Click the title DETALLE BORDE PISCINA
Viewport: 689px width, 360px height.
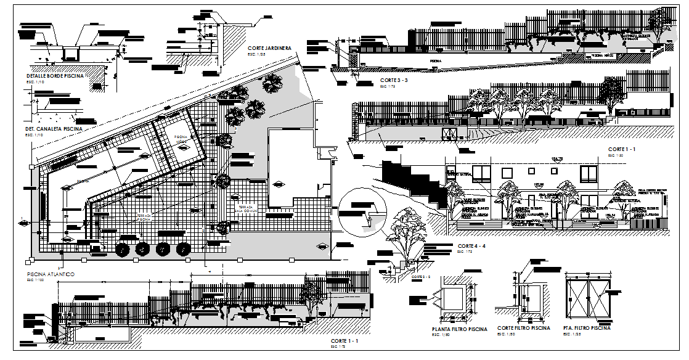pos(54,75)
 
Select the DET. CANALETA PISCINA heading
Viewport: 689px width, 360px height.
pos(54,129)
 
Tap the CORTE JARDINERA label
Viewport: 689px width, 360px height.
pos(269,48)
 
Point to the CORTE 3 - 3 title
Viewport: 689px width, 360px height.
pos(394,81)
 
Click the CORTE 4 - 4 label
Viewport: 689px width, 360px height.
pos(472,246)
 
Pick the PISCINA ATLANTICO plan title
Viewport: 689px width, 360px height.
pos(51,273)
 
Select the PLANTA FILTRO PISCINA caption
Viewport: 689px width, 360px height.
pos(459,329)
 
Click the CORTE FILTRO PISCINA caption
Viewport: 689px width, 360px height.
pos(523,329)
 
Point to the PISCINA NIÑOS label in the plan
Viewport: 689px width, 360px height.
pos(181,140)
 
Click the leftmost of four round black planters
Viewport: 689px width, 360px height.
pos(123,250)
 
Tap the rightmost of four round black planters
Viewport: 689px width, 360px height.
pos(182,249)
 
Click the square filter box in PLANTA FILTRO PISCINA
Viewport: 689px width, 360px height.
pos(455,298)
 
